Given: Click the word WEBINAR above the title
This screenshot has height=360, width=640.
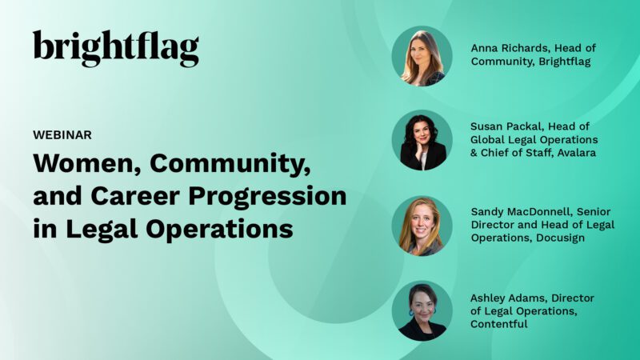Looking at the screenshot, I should point(62,134).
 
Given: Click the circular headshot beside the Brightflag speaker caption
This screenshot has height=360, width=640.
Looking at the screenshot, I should point(422,56).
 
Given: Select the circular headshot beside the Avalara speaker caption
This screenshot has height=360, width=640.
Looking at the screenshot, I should point(422,141).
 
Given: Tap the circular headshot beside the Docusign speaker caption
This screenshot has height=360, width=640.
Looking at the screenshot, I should point(422,226).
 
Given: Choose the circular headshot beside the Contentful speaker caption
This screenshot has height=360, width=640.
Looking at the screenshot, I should point(422,310).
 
